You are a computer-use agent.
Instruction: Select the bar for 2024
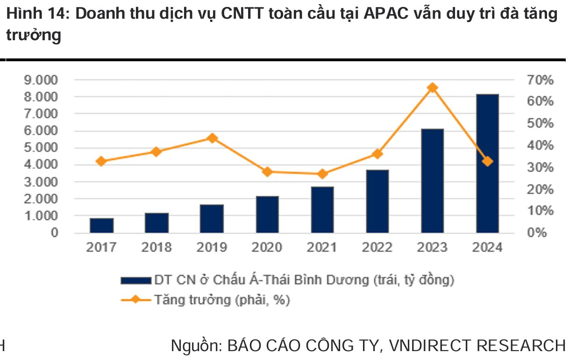tap(487, 164)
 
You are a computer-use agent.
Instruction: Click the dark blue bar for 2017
tap(101, 225)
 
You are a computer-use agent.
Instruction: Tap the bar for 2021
tap(322, 209)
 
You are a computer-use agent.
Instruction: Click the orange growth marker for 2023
tap(433, 87)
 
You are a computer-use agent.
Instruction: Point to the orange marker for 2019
tap(212, 138)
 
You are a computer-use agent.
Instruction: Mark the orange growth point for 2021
tap(322, 174)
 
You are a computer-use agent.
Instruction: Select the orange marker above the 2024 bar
tap(487, 161)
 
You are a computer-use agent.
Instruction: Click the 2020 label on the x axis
tap(267, 247)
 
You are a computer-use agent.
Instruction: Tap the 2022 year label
tap(377, 247)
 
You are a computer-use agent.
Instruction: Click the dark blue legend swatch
tap(135, 281)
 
